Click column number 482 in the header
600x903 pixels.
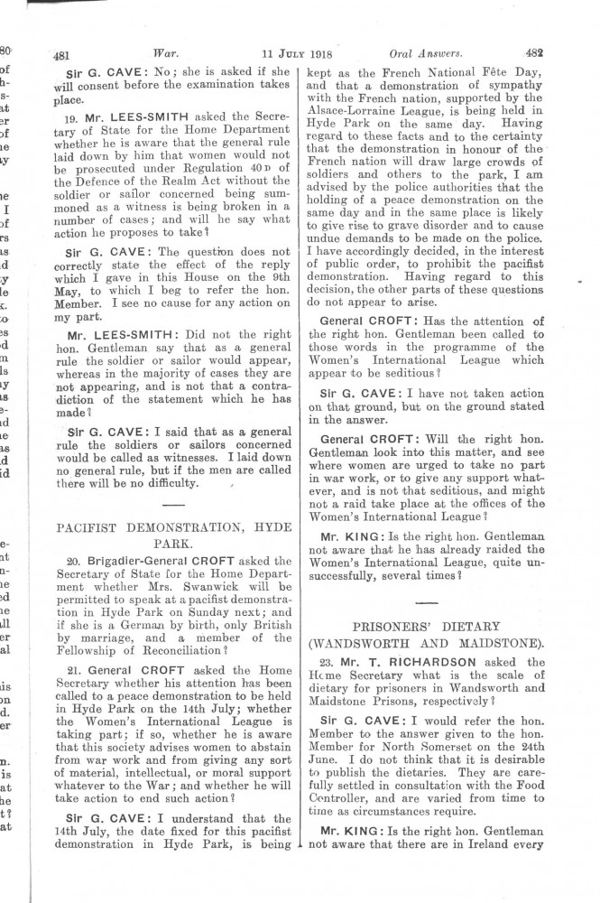[532, 51]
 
